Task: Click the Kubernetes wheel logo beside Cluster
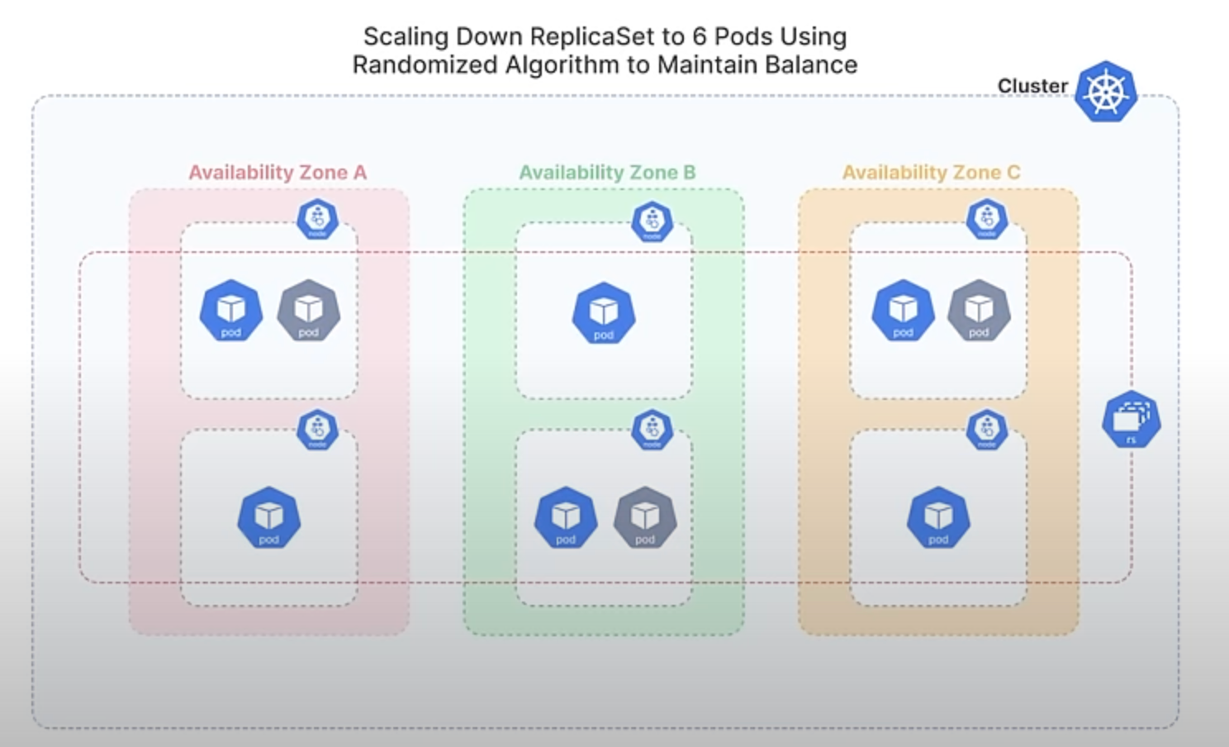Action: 1105,92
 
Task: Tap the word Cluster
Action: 1032,86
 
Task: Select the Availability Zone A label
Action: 278,173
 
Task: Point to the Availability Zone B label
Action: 607,173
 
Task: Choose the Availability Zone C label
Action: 931,173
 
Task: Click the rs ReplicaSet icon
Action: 1131,420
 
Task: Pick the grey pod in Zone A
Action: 308,311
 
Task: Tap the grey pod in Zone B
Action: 645,517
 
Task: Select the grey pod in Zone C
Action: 979,311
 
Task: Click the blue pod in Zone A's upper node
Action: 231,311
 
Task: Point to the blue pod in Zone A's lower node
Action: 269,517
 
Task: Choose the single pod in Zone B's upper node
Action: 604,313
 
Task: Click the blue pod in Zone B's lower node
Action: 566,517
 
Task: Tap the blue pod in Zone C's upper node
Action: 903,311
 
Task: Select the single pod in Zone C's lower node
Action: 938,517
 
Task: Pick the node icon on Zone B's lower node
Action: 652,430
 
